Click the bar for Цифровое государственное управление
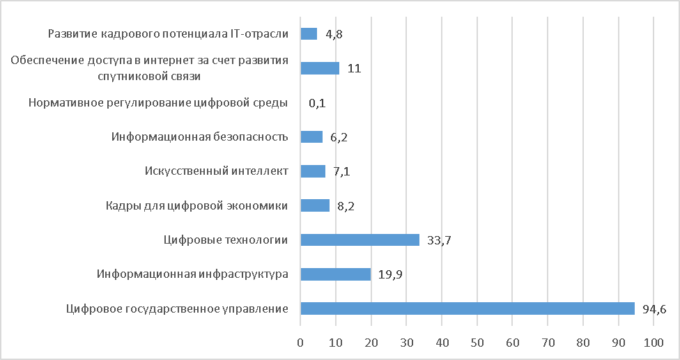coord(467,308)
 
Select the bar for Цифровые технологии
coord(360,240)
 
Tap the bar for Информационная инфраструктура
coord(335,274)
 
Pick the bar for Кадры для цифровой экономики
coord(314,205)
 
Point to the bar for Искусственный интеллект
coord(312,171)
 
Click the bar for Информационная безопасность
coord(311,136)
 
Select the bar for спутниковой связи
coord(319,68)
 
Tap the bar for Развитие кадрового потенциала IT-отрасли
coord(308,33)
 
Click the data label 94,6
coord(654,309)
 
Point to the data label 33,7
coord(438,240)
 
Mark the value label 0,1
coord(317,103)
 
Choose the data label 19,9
coord(389,275)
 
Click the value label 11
coord(354,69)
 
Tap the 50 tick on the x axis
coord(477,343)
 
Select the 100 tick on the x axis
coord(654,343)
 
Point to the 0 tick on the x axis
coord(300,343)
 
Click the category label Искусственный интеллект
coord(216,171)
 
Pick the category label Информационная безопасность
coord(199,136)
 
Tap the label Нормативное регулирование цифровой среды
coord(158,103)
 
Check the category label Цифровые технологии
coord(226,240)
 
